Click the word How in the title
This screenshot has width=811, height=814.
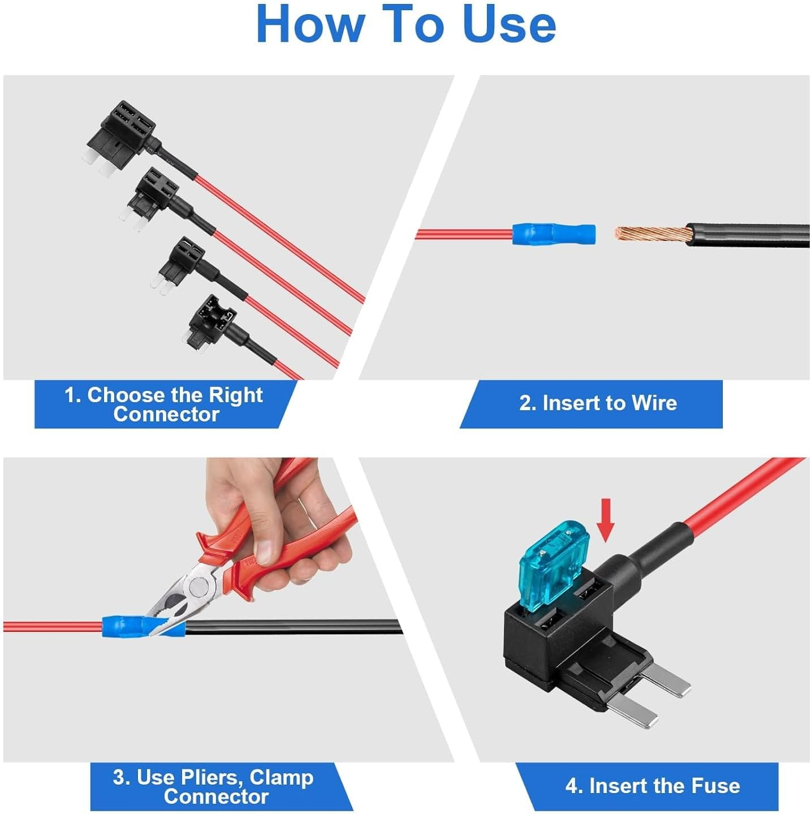click(x=310, y=24)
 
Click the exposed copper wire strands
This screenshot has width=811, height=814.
click(x=652, y=233)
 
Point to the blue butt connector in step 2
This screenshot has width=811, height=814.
click(x=554, y=233)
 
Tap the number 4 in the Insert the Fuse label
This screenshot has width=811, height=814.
click(x=572, y=774)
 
